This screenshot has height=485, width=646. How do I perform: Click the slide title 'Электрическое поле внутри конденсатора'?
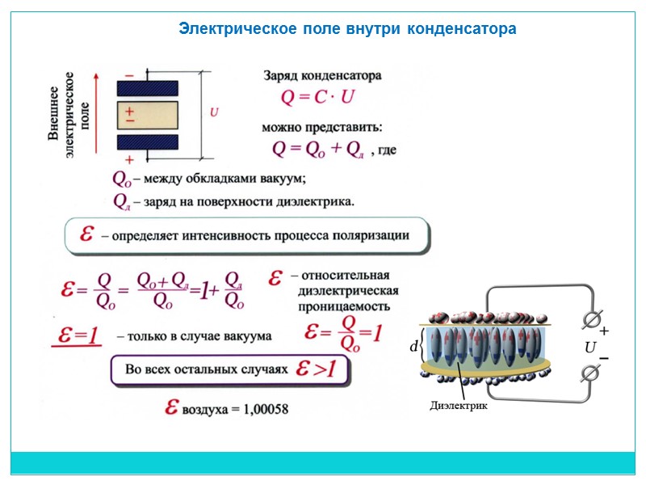tap(347, 30)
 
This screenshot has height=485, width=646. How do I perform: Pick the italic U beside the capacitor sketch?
tap(214, 112)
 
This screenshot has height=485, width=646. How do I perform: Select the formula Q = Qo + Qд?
tap(320, 149)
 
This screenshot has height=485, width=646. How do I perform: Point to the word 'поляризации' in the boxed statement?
tap(374, 236)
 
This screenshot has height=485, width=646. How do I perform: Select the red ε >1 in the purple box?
tap(321, 369)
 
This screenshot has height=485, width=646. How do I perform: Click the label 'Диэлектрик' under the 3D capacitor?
tap(459, 406)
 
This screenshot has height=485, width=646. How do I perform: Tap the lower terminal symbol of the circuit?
tap(590, 373)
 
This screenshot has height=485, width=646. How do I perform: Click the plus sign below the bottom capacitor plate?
tap(129, 160)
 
